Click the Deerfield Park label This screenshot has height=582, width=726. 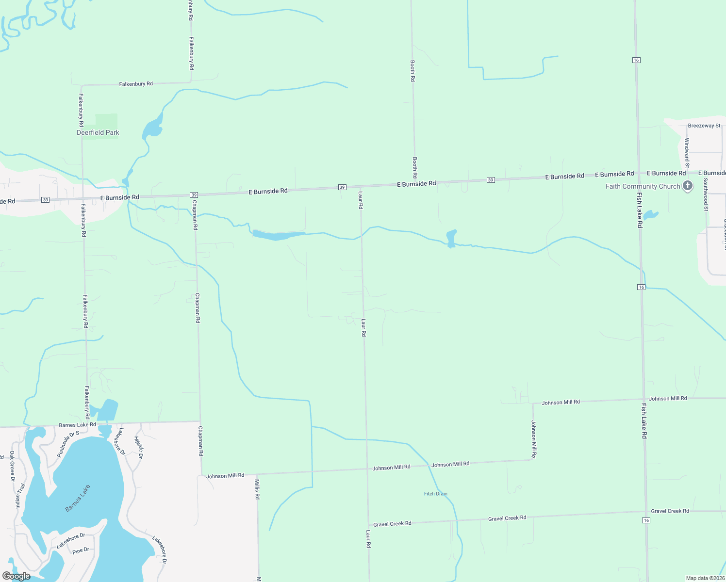[98, 132]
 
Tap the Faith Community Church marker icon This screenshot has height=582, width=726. [687, 186]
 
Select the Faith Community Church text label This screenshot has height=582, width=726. [643, 186]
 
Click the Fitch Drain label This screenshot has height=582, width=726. [435, 494]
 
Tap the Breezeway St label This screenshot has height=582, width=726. [704, 126]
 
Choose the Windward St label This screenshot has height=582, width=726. [687, 150]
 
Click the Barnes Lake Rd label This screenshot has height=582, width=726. [77, 425]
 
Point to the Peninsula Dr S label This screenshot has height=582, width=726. [68, 444]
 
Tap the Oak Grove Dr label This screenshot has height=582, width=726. [13, 466]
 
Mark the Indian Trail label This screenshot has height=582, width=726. [20, 495]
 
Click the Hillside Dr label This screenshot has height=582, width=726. [138, 447]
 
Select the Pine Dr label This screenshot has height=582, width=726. [81, 551]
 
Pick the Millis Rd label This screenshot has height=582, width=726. [257, 489]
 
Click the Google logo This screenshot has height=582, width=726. [16, 576]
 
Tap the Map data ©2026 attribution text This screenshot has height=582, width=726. [705, 578]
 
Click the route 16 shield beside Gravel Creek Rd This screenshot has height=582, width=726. [645, 520]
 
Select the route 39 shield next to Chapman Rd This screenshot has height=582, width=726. [194, 195]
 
